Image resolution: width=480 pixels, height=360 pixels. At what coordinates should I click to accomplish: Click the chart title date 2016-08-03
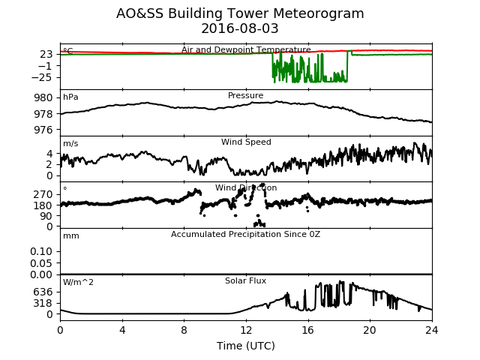240,28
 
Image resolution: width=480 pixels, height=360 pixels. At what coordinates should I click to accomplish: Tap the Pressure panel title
245,95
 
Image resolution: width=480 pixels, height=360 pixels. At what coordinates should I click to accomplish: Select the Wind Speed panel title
246,142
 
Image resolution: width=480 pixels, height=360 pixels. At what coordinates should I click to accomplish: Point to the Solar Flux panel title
245,280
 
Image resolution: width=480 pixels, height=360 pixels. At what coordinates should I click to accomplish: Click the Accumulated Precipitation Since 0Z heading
245,234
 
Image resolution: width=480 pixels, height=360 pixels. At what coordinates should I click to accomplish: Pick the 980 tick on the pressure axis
43,98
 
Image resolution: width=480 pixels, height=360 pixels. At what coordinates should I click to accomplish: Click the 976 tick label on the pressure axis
43,130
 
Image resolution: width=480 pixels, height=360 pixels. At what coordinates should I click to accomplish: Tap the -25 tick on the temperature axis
42,77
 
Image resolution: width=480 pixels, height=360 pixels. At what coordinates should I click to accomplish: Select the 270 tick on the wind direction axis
43,194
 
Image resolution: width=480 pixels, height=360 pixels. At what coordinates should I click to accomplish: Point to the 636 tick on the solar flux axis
43,292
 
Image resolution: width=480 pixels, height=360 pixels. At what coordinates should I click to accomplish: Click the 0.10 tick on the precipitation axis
41,251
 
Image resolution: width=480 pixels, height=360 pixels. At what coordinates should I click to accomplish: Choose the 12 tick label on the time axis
246,330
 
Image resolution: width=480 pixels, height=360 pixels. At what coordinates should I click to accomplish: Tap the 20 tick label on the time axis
370,330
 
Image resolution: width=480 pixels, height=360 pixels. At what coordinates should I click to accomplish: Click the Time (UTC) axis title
246,346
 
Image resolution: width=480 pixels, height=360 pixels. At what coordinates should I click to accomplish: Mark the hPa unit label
70,97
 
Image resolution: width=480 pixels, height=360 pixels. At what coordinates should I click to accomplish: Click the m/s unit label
70,143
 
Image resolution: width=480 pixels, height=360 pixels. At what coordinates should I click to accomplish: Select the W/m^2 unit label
78,282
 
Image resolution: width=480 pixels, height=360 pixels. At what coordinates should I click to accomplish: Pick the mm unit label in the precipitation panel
71,236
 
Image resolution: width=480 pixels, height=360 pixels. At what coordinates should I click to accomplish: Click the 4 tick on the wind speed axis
49,153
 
